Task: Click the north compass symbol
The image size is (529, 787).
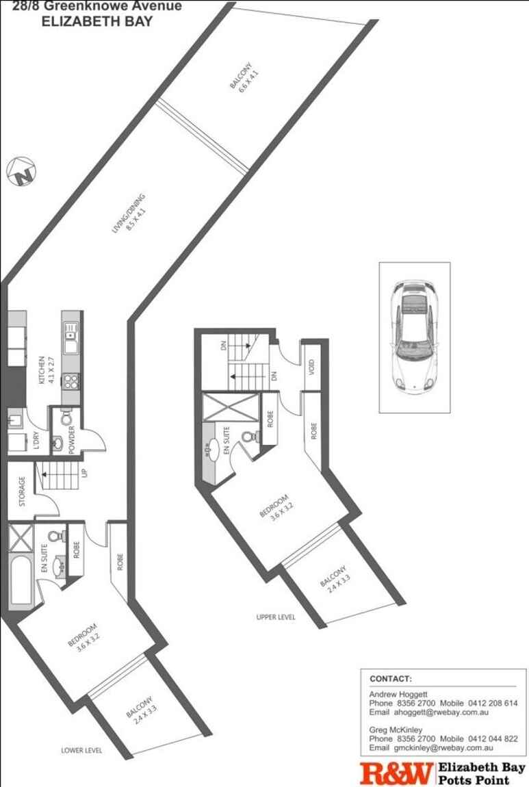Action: (x=21, y=172)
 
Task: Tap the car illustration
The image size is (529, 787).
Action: (x=415, y=337)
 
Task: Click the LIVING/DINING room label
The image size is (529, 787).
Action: (x=129, y=213)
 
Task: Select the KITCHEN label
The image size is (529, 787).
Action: (x=46, y=370)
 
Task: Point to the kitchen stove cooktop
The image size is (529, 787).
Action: (x=70, y=382)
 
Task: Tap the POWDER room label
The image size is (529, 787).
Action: (x=71, y=439)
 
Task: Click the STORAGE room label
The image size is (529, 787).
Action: (x=22, y=491)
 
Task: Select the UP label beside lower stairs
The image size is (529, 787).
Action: (x=84, y=473)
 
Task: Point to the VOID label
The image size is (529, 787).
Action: (x=311, y=367)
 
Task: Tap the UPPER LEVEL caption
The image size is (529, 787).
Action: (x=276, y=617)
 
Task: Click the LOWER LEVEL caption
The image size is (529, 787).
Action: (x=81, y=750)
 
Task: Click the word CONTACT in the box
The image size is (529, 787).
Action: (x=391, y=679)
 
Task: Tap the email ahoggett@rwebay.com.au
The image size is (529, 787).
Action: (x=441, y=712)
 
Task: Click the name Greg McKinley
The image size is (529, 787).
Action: (x=396, y=730)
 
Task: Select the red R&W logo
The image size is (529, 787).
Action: (x=396, y=773)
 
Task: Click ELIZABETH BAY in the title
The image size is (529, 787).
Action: (x=96, y=22)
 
